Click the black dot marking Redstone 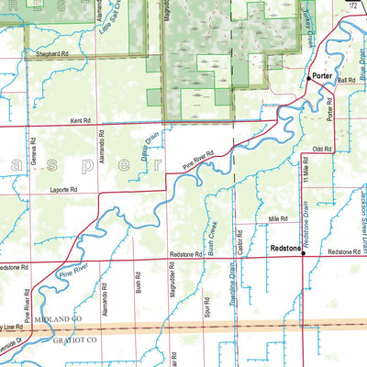(x=304, y=254)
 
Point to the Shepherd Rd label (x=53, y=54)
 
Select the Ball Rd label (x=345, y=80)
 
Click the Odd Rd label (x=321, y=148)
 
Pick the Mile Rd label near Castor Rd (x=279, y=218)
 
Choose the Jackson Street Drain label (x=361, y=225)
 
